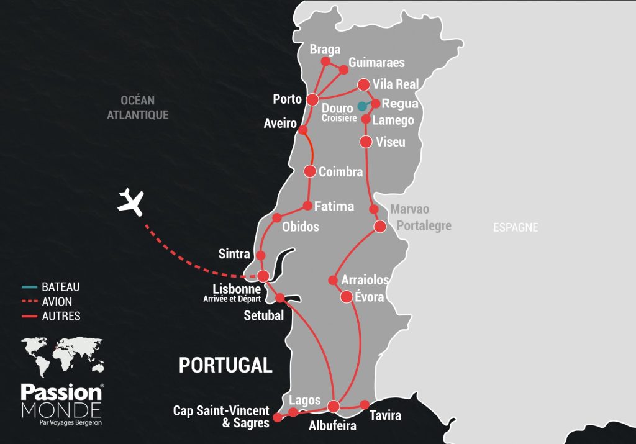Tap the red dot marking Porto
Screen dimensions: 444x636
tap(313, 99)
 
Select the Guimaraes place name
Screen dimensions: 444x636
tap(376, 63)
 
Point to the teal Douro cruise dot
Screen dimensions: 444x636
tap(362, 106)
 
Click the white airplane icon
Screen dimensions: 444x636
tap(131, 201)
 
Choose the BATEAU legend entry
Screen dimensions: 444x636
tap(60, 288)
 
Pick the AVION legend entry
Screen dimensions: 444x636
tap(57, 302)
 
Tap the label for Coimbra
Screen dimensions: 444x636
tap(340, 172)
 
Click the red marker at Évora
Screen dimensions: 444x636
tap(347, 297)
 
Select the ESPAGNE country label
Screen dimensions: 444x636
tap(516, 227)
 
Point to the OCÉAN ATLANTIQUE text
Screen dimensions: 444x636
tap(138, 107)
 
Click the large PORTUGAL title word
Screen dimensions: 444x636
tap(225, 365)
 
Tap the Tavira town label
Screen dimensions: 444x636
tap(385, 415)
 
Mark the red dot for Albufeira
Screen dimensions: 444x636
tap(334, 407)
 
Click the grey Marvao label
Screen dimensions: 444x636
tap(409, 209)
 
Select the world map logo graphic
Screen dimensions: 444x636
tap(61, 357)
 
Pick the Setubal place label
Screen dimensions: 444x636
tap(263, 315)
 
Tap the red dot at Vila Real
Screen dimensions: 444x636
tap(364, 84)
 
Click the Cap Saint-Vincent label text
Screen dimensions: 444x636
tap(221, 410)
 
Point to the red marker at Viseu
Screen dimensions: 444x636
tap(366, 142)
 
